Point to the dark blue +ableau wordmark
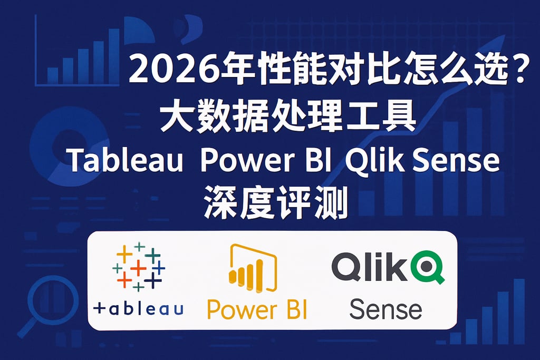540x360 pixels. coord(138,308)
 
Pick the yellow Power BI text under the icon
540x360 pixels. coord(257,309)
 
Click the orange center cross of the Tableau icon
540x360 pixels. coord(138,268)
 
